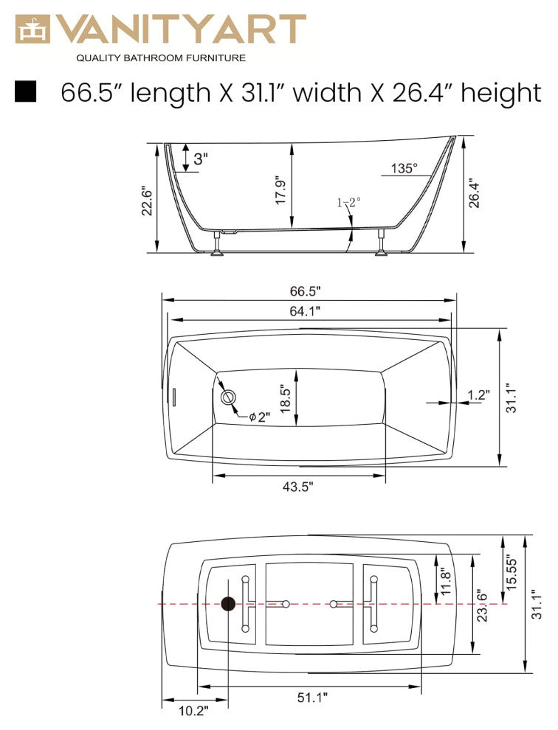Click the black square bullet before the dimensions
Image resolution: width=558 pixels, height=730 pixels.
tap(26, 91)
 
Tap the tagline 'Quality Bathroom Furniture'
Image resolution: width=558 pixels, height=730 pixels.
tap(161, 58)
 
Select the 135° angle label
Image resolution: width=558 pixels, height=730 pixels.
tap(404, 168)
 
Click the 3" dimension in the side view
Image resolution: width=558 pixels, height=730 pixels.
tap(200, 158)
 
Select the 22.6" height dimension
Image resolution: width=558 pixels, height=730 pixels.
tap(147, 200)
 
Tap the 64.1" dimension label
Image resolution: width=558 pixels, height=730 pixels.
tap(305, 311)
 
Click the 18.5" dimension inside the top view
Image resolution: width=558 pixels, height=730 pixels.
tap(284, 398)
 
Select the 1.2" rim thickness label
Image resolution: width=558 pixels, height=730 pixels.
tap(478, 394)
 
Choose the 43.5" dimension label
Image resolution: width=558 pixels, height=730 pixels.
tap(298, 486)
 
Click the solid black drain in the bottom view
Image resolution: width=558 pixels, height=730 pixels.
tap(229, 604)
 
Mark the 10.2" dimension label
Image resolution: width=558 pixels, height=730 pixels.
tap(194, 710)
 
